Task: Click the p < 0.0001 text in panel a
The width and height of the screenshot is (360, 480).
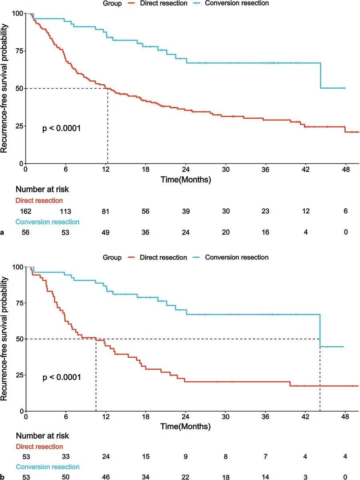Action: (x=62, y=129)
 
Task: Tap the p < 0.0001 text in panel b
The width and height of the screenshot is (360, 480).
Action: (x=62, y=376)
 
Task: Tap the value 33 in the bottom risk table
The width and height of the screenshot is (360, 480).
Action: (x=66, y=456)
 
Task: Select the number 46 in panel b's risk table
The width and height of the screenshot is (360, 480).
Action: (x=106, y=477)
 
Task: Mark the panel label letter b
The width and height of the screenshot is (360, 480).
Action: (x=2, y=477)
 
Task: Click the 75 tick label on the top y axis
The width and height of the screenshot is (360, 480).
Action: (x=18, y=51)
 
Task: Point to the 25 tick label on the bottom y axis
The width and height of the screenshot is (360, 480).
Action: (x=18, y=375)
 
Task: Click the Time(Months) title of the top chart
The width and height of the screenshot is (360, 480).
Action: (x=186, y=180)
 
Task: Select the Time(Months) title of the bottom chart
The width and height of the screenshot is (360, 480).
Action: (x=186, y=427)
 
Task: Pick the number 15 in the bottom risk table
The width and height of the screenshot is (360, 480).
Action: (x=146, y=456)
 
